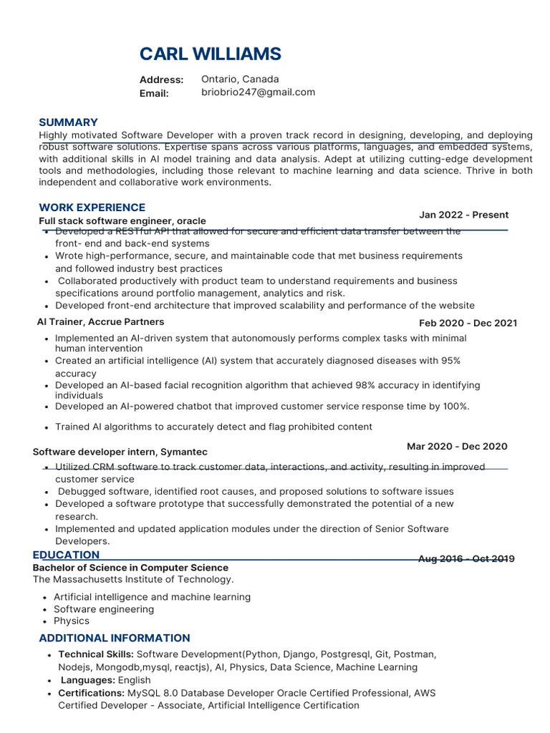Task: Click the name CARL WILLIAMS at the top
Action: [210, 54]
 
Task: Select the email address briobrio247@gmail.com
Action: [258, 92]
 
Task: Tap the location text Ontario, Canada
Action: [240, 79]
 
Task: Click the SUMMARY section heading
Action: [68, 122]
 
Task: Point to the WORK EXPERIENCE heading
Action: [92, 208]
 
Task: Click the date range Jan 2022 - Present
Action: [463, 215]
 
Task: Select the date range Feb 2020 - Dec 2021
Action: [468, 323]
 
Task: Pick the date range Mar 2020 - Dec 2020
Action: [457, 447]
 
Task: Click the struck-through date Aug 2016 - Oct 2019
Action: [465, 559]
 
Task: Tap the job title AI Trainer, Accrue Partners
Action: [100, 322]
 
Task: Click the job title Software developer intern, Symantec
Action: [120, 452]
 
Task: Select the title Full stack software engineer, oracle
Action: [122, 221]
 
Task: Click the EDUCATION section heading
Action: [66, 555]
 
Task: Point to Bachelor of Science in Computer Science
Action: [130, 568]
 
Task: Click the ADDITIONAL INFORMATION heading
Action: [114, 638]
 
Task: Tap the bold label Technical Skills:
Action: [95, 654]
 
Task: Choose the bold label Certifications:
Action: [91, 693]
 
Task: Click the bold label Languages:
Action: [89, 680]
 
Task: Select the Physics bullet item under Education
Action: [72, 621]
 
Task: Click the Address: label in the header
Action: [161, 80]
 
